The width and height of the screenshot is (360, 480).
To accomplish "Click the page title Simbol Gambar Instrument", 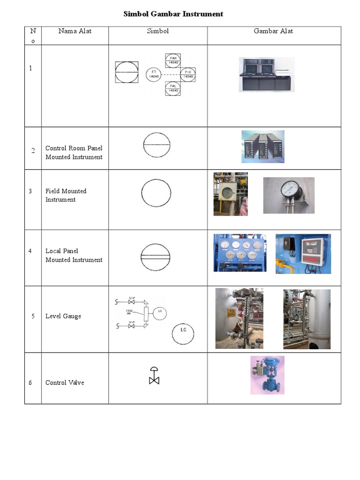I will pos(173,14).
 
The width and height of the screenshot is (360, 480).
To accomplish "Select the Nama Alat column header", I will pos(75,31).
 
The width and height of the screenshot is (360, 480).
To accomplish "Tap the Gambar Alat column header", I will pos(273,31).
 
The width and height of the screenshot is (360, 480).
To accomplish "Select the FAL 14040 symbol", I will pos(172,88).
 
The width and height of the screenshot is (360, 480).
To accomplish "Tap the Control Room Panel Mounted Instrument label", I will pos(74,153).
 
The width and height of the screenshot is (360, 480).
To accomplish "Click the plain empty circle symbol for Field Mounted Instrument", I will pos(157,194).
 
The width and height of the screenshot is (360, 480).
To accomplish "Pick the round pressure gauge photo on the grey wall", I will pos(289,195).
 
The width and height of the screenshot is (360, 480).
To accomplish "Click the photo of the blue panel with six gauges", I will pos(240,253).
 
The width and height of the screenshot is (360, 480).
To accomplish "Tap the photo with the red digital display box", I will pos(303,254).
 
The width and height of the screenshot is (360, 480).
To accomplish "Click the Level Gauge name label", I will pos(63,316).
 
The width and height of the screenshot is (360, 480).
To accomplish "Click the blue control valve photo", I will pos(267,375).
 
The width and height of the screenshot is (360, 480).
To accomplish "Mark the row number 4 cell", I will pos(30,251).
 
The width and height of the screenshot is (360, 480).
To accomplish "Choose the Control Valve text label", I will pos(65,382).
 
